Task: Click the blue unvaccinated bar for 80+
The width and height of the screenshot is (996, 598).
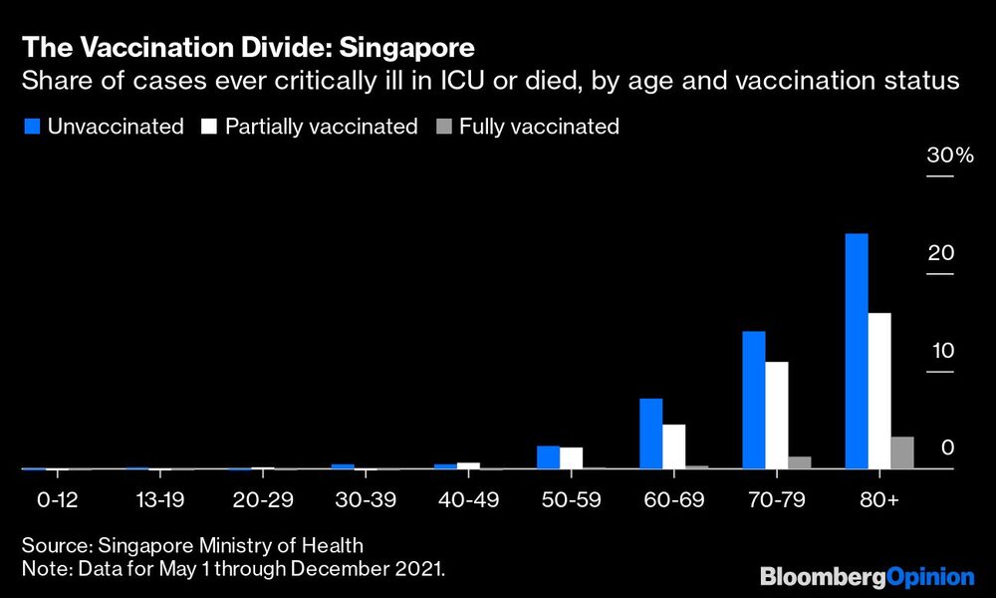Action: click(x=856, y=351)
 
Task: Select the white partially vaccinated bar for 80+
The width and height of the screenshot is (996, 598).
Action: click(x=879, y=391)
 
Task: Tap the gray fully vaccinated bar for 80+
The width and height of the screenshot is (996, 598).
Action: click(x=902, y=452)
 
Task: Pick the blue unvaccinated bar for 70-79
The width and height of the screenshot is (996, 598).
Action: click(x=754, y=400)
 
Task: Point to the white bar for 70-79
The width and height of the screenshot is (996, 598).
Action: click(x=777, y=415)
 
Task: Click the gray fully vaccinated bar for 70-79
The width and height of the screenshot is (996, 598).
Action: click(x=800, y=462)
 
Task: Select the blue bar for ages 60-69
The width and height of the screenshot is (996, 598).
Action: click(x=651, y=434)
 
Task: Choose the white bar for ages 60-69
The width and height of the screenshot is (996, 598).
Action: click(x=674, y=447)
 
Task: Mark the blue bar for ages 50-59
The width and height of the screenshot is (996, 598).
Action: click(x=548, y=457)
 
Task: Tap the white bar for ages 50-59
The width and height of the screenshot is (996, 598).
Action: click(x=571, y=457)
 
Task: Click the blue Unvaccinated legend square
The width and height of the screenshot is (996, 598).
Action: click(x=29, y=127)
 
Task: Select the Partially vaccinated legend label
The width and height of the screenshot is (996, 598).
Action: click(x=321, y=127)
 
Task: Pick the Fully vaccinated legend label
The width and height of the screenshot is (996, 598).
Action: click(x=539, y=127)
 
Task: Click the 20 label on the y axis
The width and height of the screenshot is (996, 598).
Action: click(x=940, y=253)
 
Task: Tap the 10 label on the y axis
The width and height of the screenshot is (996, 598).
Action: click(x=940, y=351)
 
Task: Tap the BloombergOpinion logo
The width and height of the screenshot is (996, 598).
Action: click(x=867, y=576)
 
